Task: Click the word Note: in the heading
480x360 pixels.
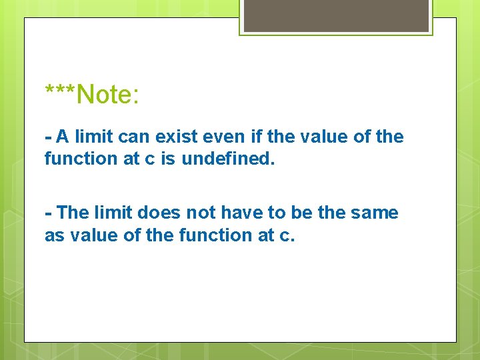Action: pos(108,95)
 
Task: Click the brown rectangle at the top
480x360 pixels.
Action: pos(336,15)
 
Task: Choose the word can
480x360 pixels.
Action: pos(135,137)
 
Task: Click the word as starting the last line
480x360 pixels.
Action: pos(54,235)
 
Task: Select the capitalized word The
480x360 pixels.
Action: pos(73,213)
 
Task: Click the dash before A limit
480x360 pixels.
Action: pos(48,138)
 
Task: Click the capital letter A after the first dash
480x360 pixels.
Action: pos(63,137)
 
